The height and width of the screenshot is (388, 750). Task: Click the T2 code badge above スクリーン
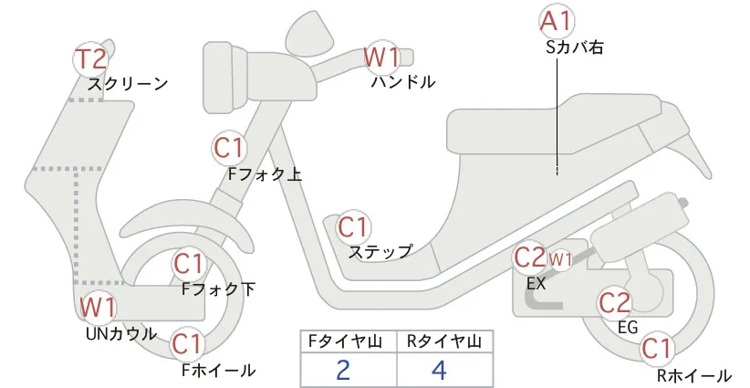pyautogui.click(x=91, y=59)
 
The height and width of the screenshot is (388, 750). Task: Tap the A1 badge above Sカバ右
pyautogui.click(x=557, y=22)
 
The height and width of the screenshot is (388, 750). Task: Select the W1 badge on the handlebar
pyautogui.click(x=381, y=58)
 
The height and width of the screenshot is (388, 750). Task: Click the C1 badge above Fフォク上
pyautogui.click(x=229, y=148)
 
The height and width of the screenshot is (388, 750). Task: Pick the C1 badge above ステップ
pyautogui.click(x=353, y=227)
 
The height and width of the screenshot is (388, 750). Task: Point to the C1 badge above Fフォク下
pyautogui.click(x=190, y=264)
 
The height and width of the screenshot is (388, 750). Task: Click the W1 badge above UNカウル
pyautogui.click(x=98, y=307)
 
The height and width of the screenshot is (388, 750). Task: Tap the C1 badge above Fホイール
pyautogui.click(x=188, y=343)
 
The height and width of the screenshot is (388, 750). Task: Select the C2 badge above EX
pyautogui.click(x=529, y=258)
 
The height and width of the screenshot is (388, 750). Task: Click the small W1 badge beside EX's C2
pyautogui.click(x=560, y=259)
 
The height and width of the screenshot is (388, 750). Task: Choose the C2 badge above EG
pyautogui.click(x=615, y=303)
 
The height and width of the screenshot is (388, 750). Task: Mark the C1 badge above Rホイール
pyautogui.click(x=657, y=349)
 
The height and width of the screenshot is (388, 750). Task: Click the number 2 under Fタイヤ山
pyautogui.click(x=343, y=371)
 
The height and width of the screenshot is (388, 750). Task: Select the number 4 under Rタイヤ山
pyautogui.click(x=439, y=371)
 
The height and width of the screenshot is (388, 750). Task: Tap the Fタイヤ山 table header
pyautogui.click(x=345, y=341)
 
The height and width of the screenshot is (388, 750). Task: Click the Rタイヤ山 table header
pyautogui.click(x=444, y=341)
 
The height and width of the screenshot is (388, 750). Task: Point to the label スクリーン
pyautogui.click(x=128, y=84)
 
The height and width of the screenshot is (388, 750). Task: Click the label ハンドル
pyautogui.click(x=403, y=82)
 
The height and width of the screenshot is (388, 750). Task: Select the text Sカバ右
pyautogui.click(x=574, y=47)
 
